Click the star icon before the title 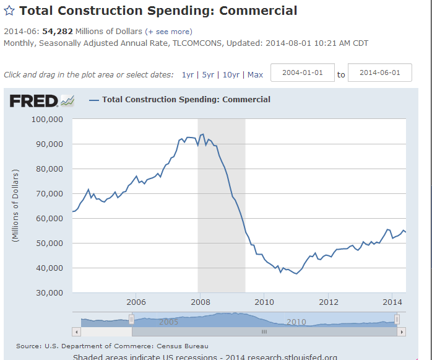(x=10, y=11)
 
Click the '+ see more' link (x=168, y=32)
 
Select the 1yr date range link (x=187, y=75)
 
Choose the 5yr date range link (x=208, y=75)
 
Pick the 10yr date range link (x=231, y=75)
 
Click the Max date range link (x=255, y=75)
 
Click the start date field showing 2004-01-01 (x=303, y=72)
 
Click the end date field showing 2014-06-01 (x=380, y=72)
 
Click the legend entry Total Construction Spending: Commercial (x=186, y=99)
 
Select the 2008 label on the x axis (x=200, y=302)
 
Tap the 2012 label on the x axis (x=329, y=302)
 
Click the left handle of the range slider (x=131, y=319)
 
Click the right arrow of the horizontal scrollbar (x=401, y=332)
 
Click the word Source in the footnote (x=28, y=346)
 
